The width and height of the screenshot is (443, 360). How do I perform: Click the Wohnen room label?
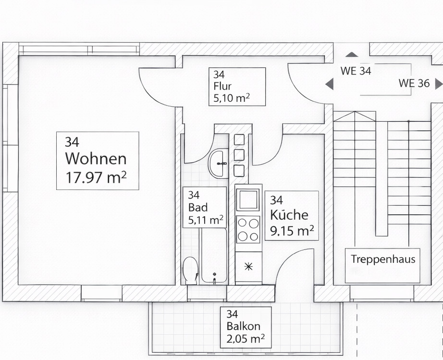pyautogui.click(x=96, y=159)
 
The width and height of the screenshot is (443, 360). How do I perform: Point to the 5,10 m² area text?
pyautogui.click(x=229, y=99)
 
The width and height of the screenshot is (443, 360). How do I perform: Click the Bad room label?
pyautogui.click(x=197, y=208)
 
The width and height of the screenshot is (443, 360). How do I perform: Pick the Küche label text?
pyautogui.click(x=289, y=215)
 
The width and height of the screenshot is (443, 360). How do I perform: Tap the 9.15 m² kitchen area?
pyautogui.click(x=292, y=231)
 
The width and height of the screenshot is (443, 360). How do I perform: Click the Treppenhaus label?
pyautogui.click(x=382, y=259)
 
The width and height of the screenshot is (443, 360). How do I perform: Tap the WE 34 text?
pyautogui.click(x=356, y=71)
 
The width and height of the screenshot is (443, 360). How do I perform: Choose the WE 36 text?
pyautogui.click(x=414, y=83)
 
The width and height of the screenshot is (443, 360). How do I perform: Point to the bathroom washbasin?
pyautogui.click(x=219, y=163)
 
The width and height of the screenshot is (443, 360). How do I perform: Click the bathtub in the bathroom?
pyautogui.click(x=214, y=255)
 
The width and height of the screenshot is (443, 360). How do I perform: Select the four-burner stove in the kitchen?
pyautogui.click(x=248, y=230)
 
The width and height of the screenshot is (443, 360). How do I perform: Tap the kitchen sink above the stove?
pyautogui.click(x=248, y=199)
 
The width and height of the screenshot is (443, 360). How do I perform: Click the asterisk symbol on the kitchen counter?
pyautogui.click(x=248, y=266)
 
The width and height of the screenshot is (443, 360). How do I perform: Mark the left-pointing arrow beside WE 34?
pyautogui.click(x=329, y=85)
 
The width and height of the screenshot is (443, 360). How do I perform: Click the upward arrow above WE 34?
pyautogui.click(x=352, y=55)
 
